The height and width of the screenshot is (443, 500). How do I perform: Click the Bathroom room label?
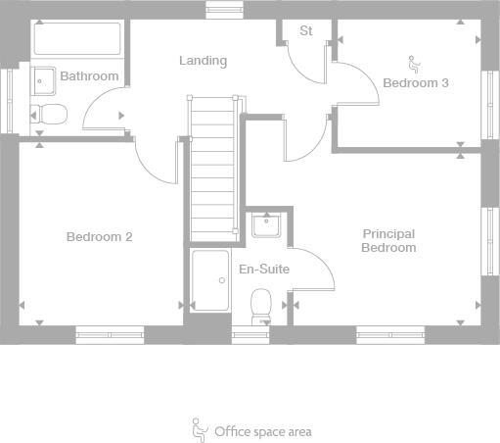pos(89,76)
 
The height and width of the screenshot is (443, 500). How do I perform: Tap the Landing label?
pos(203,61)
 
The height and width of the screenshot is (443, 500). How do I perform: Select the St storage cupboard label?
pos(305,30)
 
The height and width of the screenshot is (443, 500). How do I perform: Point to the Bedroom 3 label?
pos(415,83)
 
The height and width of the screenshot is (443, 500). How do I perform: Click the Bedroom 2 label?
pos(99,236)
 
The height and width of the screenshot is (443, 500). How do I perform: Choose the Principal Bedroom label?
pos(388,241)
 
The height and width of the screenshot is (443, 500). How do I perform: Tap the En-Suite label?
pos(264,269)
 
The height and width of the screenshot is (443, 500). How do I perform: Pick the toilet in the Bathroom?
pos(48,114)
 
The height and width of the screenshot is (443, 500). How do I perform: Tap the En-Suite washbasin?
pos(265,226)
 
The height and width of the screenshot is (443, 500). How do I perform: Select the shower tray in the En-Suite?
pos(209,285)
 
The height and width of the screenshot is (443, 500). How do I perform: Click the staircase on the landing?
pos(213,167)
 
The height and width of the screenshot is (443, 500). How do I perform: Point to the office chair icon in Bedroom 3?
pos(413,65)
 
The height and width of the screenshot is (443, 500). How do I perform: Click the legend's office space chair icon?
pos(200,428)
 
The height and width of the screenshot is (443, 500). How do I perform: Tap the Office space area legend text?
pos(263,430)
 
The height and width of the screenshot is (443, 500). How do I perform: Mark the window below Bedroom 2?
pos(110,334)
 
